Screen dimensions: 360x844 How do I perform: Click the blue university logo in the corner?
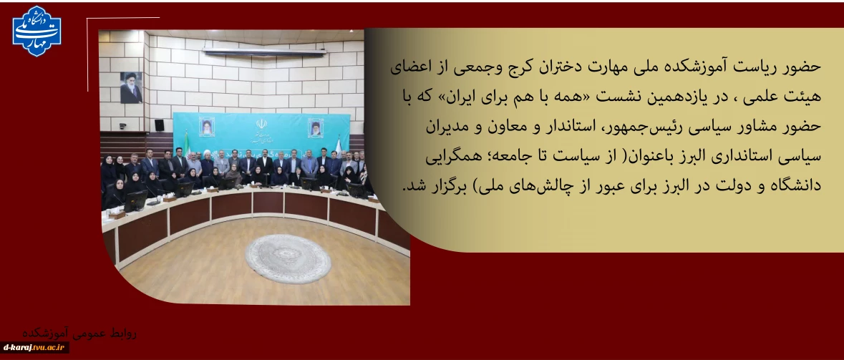[x=37, y=31]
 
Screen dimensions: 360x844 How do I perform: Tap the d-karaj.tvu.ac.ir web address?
[x=35, y=348]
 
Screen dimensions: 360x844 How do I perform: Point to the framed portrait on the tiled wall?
[x=131, y=87]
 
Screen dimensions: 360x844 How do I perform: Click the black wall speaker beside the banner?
[x=159, y=125]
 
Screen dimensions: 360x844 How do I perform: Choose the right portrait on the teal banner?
[x=316, y=128]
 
